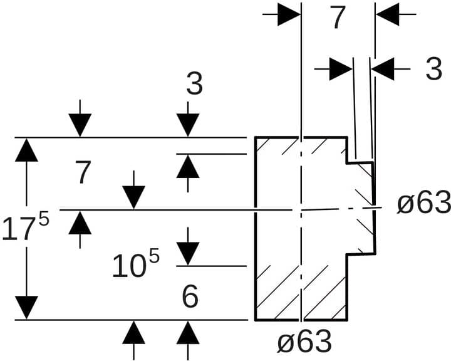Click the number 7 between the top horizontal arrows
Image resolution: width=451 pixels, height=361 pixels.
(338, 18)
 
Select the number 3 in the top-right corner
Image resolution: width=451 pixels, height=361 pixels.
(433, 70)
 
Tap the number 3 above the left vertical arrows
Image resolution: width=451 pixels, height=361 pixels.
(195, 84)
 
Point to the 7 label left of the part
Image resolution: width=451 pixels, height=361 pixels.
(83, 173)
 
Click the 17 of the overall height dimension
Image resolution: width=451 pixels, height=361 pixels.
(18, 229)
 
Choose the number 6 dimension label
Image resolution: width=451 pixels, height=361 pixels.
(190, 296)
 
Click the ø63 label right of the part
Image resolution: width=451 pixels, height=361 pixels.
(424, 203)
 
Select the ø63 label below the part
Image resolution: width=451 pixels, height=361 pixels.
(304, 342)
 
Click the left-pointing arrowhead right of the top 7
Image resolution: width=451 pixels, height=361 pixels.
(388, 14)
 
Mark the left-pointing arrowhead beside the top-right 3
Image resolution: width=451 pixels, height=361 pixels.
(383, 69)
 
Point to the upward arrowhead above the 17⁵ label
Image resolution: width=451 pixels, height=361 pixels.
(26, 150)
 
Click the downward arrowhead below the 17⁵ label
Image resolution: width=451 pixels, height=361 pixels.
(26, 307)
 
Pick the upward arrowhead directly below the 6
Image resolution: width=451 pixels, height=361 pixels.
(188, 332)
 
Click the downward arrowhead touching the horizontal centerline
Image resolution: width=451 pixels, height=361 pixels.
(134, 198)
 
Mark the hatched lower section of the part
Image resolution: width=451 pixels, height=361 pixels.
(301, 291)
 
